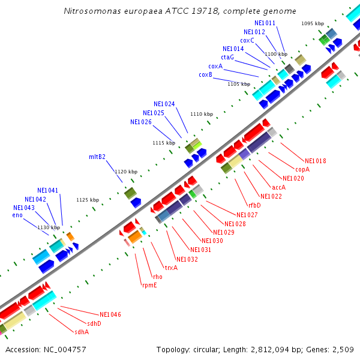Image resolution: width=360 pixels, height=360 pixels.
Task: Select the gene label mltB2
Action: click(97, 157)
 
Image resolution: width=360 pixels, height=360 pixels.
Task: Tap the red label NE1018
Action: click(316, 161)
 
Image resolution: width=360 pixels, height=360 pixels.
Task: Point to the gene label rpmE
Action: click(149, 285)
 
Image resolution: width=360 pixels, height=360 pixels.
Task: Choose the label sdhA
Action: click(82, 332)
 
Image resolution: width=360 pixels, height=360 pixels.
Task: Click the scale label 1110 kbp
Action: click(202, 114)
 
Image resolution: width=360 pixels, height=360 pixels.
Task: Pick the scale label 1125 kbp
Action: click(88, 200)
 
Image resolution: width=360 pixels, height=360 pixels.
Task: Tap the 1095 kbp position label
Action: click(312, 23)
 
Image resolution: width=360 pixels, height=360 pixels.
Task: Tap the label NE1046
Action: click(110, 314)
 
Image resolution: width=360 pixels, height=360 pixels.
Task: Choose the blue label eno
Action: click(17, 215)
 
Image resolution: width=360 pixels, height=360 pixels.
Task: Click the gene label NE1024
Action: click(164, 104)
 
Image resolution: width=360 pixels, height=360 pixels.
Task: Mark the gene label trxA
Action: click(171, 268)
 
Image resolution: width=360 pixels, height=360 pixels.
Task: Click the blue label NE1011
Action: click(265, 23)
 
